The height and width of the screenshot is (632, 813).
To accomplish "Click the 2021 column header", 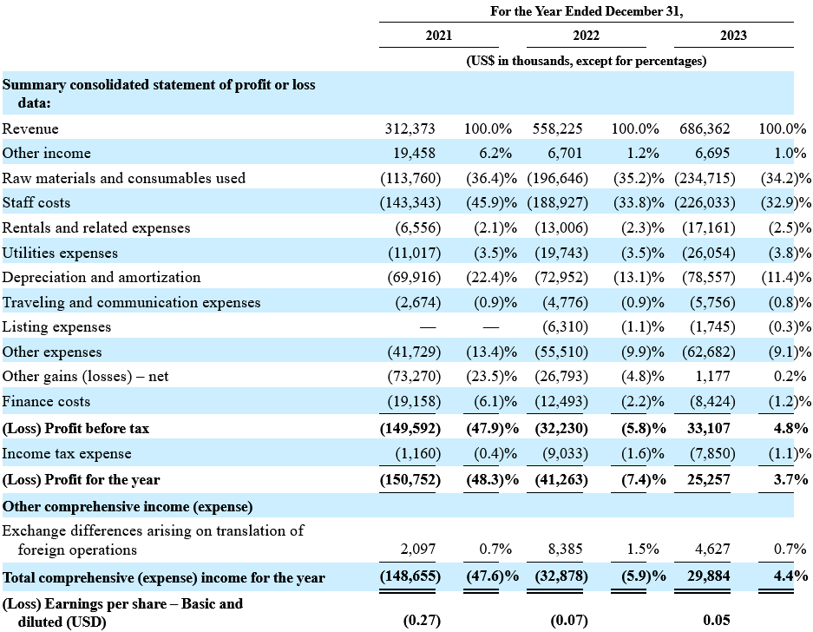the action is (439, 36).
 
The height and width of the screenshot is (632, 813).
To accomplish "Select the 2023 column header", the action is (733, 36).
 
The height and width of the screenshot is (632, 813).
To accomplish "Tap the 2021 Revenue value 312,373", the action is (410, 128).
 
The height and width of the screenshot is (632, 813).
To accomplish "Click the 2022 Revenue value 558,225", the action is (557, 128).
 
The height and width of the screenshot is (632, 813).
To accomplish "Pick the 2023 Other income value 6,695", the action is (711, 153).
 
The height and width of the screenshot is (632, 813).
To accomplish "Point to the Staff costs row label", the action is (36, 203).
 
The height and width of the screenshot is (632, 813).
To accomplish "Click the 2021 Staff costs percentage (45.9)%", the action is (491, 203).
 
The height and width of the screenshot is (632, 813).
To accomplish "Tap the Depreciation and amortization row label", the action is (102, 278).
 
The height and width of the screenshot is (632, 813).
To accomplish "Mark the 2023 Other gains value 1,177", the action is (712, 376).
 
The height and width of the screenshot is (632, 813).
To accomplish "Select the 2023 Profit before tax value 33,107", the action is (708, 428).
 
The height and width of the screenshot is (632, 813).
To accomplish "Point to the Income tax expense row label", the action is (67, 453).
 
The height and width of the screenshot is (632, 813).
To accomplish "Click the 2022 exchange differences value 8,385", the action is (565, 549).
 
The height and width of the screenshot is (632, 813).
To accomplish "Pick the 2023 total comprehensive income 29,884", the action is (708, 576).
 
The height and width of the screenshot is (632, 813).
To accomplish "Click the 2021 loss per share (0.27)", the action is (422, 620).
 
